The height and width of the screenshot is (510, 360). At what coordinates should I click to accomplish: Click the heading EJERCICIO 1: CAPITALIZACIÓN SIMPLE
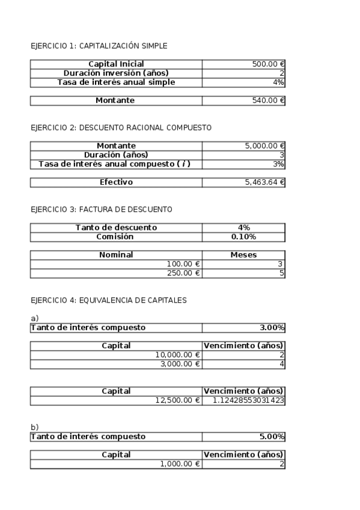click(x=99, y=46)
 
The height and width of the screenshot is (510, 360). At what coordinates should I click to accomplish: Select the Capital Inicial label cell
click(x=116, y=64)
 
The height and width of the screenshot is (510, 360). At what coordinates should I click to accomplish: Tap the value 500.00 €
click(x=268, y=64)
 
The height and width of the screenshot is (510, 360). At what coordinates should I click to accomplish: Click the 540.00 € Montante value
click(x=268, y=101)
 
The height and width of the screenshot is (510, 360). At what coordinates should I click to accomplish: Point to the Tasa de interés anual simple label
click(x=116, y=82)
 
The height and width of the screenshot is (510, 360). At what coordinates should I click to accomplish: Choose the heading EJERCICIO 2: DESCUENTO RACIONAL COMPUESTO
click(x=120, y=127)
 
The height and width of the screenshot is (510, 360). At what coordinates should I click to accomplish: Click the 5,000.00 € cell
click(x=264, y=146)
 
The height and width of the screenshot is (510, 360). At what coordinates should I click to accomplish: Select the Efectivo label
click(x=116, y=182)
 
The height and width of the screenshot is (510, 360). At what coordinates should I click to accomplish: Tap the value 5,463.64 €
click(x=264, y=182)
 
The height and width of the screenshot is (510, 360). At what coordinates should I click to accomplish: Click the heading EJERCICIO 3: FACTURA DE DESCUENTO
click(x=101, y=209)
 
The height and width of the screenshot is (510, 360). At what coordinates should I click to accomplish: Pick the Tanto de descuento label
click(x=116, y=227)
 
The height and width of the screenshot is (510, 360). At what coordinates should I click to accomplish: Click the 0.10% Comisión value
click(x=243, y=236)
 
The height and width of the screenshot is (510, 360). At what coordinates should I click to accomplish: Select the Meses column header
click(x=243, y=255)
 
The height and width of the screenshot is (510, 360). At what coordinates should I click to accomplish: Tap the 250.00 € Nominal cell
click(x=185, y=273)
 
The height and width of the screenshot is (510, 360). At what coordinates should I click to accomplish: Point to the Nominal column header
click(x=116, y=255)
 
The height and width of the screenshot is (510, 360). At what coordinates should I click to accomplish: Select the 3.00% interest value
click(x=272, y=328)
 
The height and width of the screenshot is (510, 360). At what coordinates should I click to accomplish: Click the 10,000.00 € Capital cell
click(x=177, y=355)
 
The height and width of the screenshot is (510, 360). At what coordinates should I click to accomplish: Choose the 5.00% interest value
click(x=272, y=437)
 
